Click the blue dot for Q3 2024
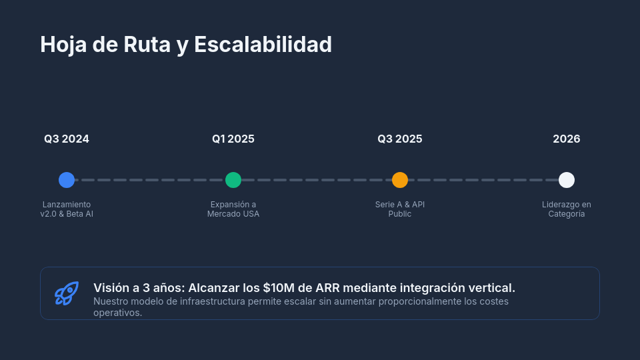tap(67, 180)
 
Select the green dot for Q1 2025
tap(233, 180)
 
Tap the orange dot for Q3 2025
tap(400, 180)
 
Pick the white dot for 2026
tap(567, 180)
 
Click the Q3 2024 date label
tap(67, 139)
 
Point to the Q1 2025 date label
tap(233, 139)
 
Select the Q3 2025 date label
tap(400, 139)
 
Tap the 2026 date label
tap(567, 139)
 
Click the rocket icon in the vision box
tap(67, 293)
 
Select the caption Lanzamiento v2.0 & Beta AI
tap(67, 209)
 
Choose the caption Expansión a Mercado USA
tap(233, 209)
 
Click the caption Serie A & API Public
tap(400, 209)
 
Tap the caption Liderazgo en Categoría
tap(567, 209)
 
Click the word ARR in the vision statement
tap(328, 288)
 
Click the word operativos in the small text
tap(117, 313)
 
